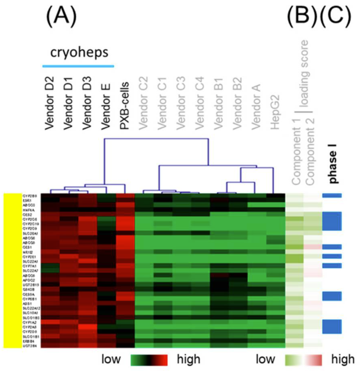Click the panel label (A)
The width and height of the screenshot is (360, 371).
coord(62,17)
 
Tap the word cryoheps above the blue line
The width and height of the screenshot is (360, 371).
coord(79,52)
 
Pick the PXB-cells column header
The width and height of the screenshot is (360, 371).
coord(124,106)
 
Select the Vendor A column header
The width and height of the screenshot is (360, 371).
coord(256,107)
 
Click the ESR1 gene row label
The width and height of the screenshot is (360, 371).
coord(27,201)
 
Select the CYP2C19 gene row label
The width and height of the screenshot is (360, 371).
coord(30,224)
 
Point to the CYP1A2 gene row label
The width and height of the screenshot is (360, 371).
coord(29,322)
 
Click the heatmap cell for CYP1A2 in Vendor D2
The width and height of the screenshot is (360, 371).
coord(50,322)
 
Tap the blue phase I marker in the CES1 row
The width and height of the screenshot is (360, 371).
coord(332,247)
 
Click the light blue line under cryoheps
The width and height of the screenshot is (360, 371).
coord(78,66)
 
